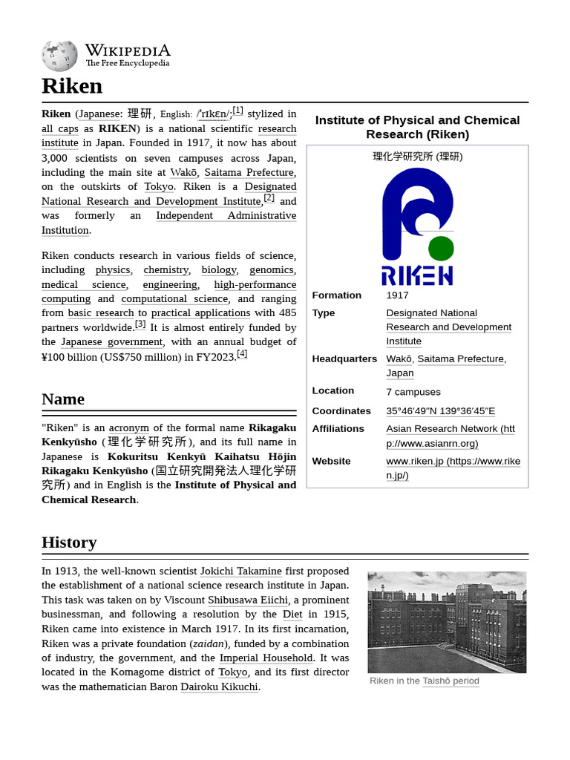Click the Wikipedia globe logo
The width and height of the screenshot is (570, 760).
click(x=59, y=56)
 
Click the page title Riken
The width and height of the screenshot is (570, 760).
click(x=72, y=86)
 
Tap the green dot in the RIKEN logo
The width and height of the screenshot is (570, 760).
click(x=441, y=248)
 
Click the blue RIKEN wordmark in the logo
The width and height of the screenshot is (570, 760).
click(x=417, y=275)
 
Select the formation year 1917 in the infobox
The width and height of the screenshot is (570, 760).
click(x=397, y=295)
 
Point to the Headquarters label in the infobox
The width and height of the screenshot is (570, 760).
click(x=344, y=358)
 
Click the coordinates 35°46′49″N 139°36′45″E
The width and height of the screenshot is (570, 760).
click(x=440, y=411)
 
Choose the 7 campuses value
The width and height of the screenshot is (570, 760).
click(x=413, y=392)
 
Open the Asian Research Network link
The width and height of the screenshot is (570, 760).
click(x=450, y=436)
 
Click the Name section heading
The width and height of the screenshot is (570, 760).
click(x=63, y=399)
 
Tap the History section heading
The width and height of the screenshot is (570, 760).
click(x=69, y=543)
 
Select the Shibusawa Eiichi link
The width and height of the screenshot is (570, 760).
click(x=248, y=600)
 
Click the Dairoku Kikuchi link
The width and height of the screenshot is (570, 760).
click(x=219, y=687)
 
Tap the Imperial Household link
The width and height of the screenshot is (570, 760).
click(x=266, y=658)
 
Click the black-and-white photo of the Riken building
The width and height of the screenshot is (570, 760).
click(x=447, y=622)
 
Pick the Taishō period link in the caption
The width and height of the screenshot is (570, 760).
click(x=451, y=681)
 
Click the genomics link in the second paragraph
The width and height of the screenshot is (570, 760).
click(x=272, y=270)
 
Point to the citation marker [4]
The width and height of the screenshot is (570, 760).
click(x=241, y=354)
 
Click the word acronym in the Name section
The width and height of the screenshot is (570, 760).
click(x=128, y=428)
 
